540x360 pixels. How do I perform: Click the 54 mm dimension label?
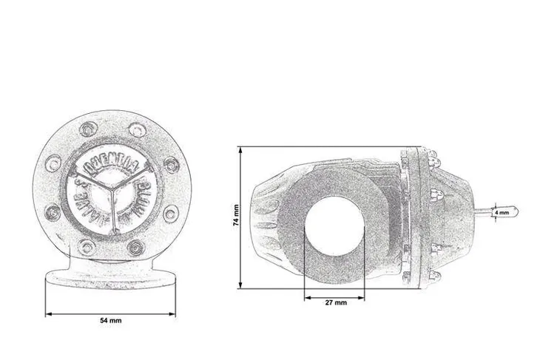(x=110, y=321)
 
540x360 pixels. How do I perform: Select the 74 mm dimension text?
(x=235, y=215)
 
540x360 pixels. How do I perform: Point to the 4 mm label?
(x=502, y=212)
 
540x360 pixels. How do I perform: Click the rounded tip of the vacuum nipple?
(x=516, y=212)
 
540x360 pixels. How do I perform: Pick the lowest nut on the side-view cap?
(x=431, y=274)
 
